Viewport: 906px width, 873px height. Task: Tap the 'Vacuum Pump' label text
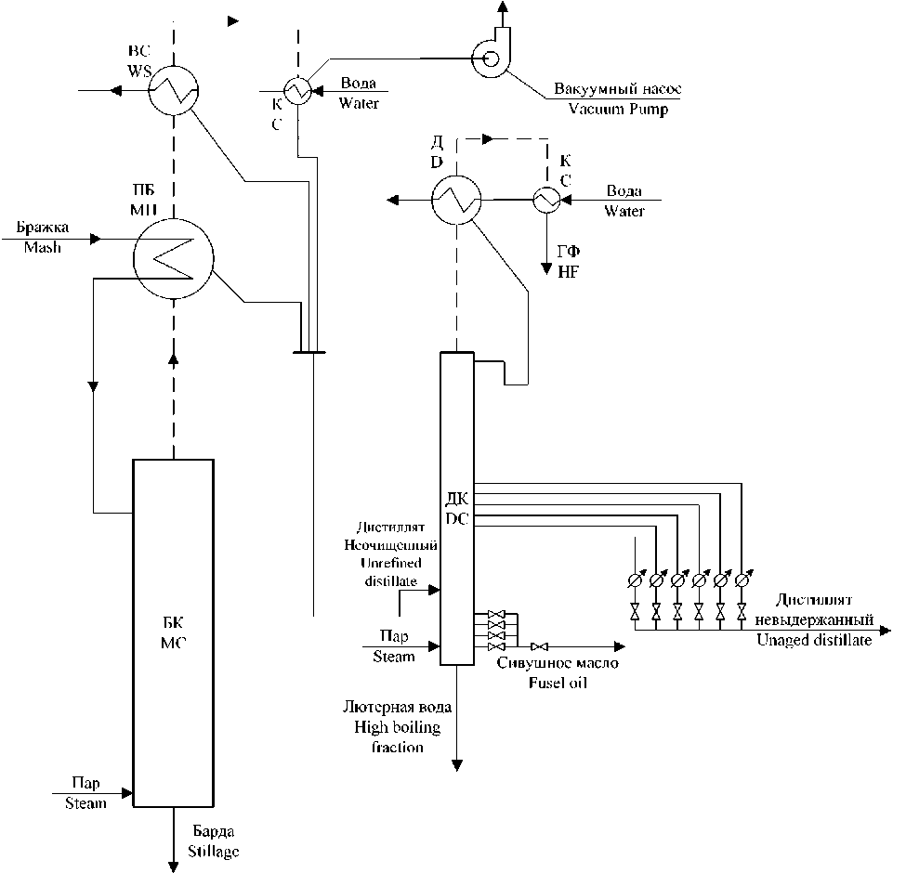(x=618, y=109)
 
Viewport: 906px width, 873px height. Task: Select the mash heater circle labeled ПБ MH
(x=174, y=259)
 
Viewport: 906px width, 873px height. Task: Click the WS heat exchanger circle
(x=174, y=91)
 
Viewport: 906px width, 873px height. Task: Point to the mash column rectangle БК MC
(x=174, y=632)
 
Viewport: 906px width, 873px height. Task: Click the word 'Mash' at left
(x=42, y=247)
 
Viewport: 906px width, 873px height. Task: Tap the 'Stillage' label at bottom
(x=213, y=852)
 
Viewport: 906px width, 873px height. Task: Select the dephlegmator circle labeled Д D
(x=456, y=200)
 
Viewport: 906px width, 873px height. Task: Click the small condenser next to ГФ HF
(x=546, y=200)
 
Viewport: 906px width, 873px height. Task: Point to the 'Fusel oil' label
(x=558, y=683)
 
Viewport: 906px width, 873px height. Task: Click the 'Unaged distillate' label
(x=814, y=640)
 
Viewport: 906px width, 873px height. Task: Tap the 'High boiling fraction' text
(x=398, y=736)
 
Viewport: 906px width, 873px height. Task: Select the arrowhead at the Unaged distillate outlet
(x=885, y=630)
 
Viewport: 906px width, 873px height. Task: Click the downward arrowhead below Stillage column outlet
(x=174, y=866)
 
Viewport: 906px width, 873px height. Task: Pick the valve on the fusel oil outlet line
(x=540, y=646)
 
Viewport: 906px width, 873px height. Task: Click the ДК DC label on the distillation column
(x=457, y=509)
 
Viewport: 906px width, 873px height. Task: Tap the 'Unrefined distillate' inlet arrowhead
(x=434, y=590)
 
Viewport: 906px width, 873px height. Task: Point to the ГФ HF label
(x=569, y=262)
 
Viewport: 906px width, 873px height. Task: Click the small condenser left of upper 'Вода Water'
(x=297, y=91)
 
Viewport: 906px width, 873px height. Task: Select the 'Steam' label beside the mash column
(x=85, y=803)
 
